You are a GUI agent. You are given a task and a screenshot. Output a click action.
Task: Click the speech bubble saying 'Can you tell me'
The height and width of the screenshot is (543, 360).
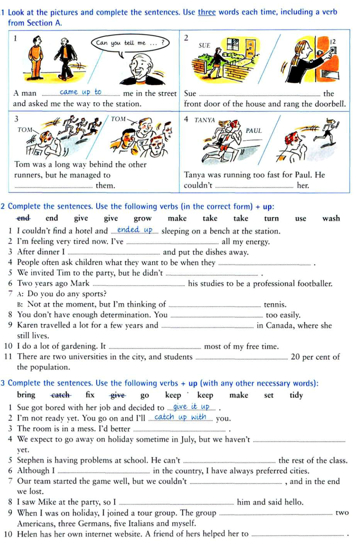pos(130,43)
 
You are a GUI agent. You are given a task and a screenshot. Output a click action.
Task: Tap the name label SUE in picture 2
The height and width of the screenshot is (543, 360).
pos(204,45)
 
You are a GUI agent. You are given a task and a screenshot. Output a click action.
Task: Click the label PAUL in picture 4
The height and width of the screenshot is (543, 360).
pos(253,131)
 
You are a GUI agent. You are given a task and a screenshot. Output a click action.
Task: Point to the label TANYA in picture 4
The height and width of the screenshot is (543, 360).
pos(204,120)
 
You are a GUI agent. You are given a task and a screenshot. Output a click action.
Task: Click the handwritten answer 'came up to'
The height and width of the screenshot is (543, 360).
pos(80,92)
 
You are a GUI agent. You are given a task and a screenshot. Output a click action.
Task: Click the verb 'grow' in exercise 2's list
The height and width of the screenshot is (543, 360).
pos(143,218)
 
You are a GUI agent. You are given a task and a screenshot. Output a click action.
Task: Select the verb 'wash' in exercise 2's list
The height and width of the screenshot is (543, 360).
pos(331,218)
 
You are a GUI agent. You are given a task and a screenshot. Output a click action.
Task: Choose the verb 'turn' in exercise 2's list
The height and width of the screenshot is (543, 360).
pos(271,218)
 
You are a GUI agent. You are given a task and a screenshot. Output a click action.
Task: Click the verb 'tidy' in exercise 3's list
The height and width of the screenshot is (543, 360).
pos(296,395)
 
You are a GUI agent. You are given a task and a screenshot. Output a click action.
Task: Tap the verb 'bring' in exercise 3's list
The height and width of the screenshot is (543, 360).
pos(26,395)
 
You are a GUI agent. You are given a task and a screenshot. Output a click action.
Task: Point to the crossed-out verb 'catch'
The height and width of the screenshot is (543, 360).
pos(60,395)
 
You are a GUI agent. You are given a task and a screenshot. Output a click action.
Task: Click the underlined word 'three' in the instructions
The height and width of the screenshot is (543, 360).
pos(207,12)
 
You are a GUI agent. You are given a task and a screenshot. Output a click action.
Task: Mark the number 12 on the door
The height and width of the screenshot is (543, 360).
pos(333,42)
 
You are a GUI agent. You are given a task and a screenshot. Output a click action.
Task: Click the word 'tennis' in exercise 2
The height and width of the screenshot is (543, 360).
pos(275,305)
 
